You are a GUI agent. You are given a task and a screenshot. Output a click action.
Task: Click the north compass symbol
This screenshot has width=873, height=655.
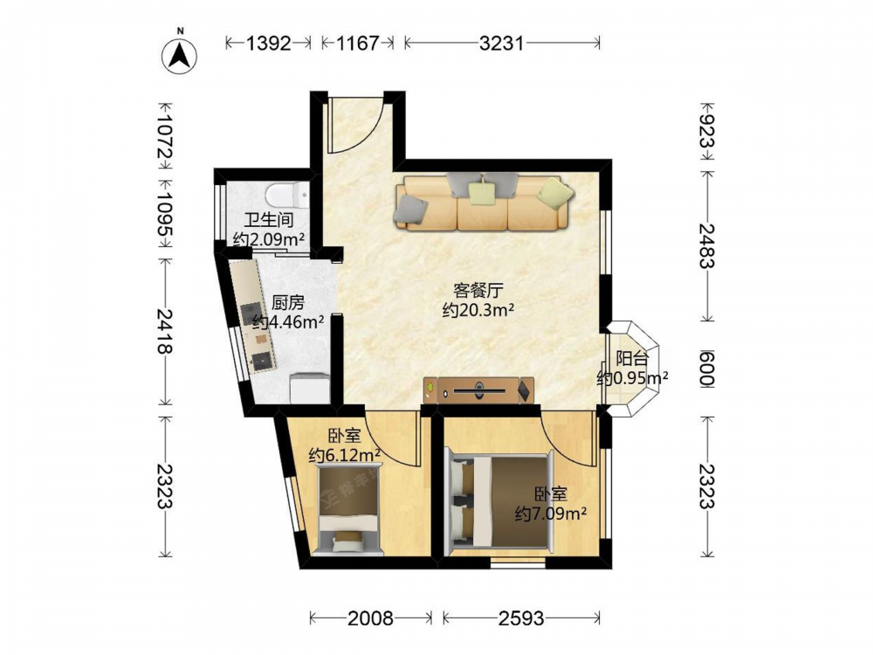(x=179, y=55)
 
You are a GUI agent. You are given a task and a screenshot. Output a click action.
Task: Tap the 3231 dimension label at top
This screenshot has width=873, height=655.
(x=502, y=43)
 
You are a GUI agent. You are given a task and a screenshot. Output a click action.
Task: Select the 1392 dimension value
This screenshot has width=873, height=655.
(x=268, y=43)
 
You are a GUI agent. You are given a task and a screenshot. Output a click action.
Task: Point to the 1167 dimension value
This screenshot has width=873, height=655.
(x=357, y=43)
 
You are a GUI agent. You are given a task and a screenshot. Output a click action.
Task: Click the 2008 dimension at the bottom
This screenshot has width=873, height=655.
(x=370, y=617)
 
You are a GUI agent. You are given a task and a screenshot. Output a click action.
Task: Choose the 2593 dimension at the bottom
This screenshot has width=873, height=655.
(x=520, y=617)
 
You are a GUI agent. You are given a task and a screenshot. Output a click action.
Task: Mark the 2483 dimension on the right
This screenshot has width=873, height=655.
(x=707, y=245)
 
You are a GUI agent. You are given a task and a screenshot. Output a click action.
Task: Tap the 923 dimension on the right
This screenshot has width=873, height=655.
(x=707, y=131)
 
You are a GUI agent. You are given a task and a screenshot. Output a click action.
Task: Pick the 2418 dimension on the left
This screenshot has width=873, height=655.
(x=165, y=331)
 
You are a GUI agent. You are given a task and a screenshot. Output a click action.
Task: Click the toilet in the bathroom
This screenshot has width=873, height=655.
(x=286, y=196)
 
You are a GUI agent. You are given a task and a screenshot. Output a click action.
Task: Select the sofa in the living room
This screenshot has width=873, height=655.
(x=483, y=202)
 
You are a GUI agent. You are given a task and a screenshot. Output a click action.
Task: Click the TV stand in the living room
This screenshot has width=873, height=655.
(x=478, y=390)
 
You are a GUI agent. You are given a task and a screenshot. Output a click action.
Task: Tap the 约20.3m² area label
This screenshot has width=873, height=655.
(x=478, y=310)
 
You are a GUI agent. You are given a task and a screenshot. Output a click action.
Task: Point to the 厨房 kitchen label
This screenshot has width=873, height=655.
(x=288, y=303)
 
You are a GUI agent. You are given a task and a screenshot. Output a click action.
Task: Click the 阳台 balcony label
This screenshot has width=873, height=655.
(x=632, y=359)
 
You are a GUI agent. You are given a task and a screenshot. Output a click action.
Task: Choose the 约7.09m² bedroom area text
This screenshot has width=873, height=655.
(x=551, y=513)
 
